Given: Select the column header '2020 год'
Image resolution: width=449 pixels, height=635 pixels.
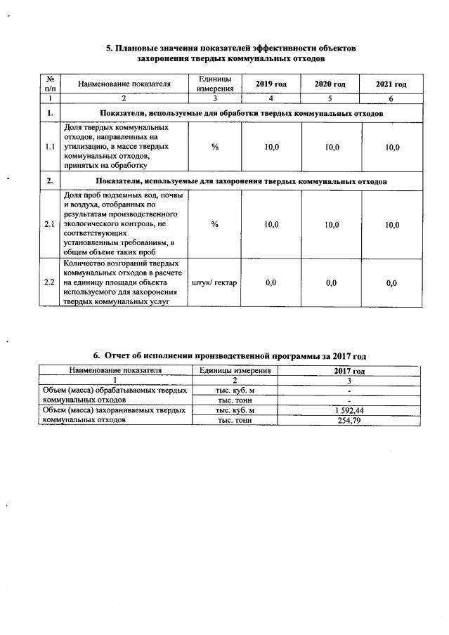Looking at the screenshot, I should point(330,84).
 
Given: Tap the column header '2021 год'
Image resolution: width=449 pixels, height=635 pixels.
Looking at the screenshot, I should point(391,84).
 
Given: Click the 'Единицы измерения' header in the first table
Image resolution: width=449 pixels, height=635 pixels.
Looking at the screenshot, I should point(215,84).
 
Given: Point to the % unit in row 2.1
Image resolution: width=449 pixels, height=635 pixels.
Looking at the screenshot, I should point(215,224).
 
